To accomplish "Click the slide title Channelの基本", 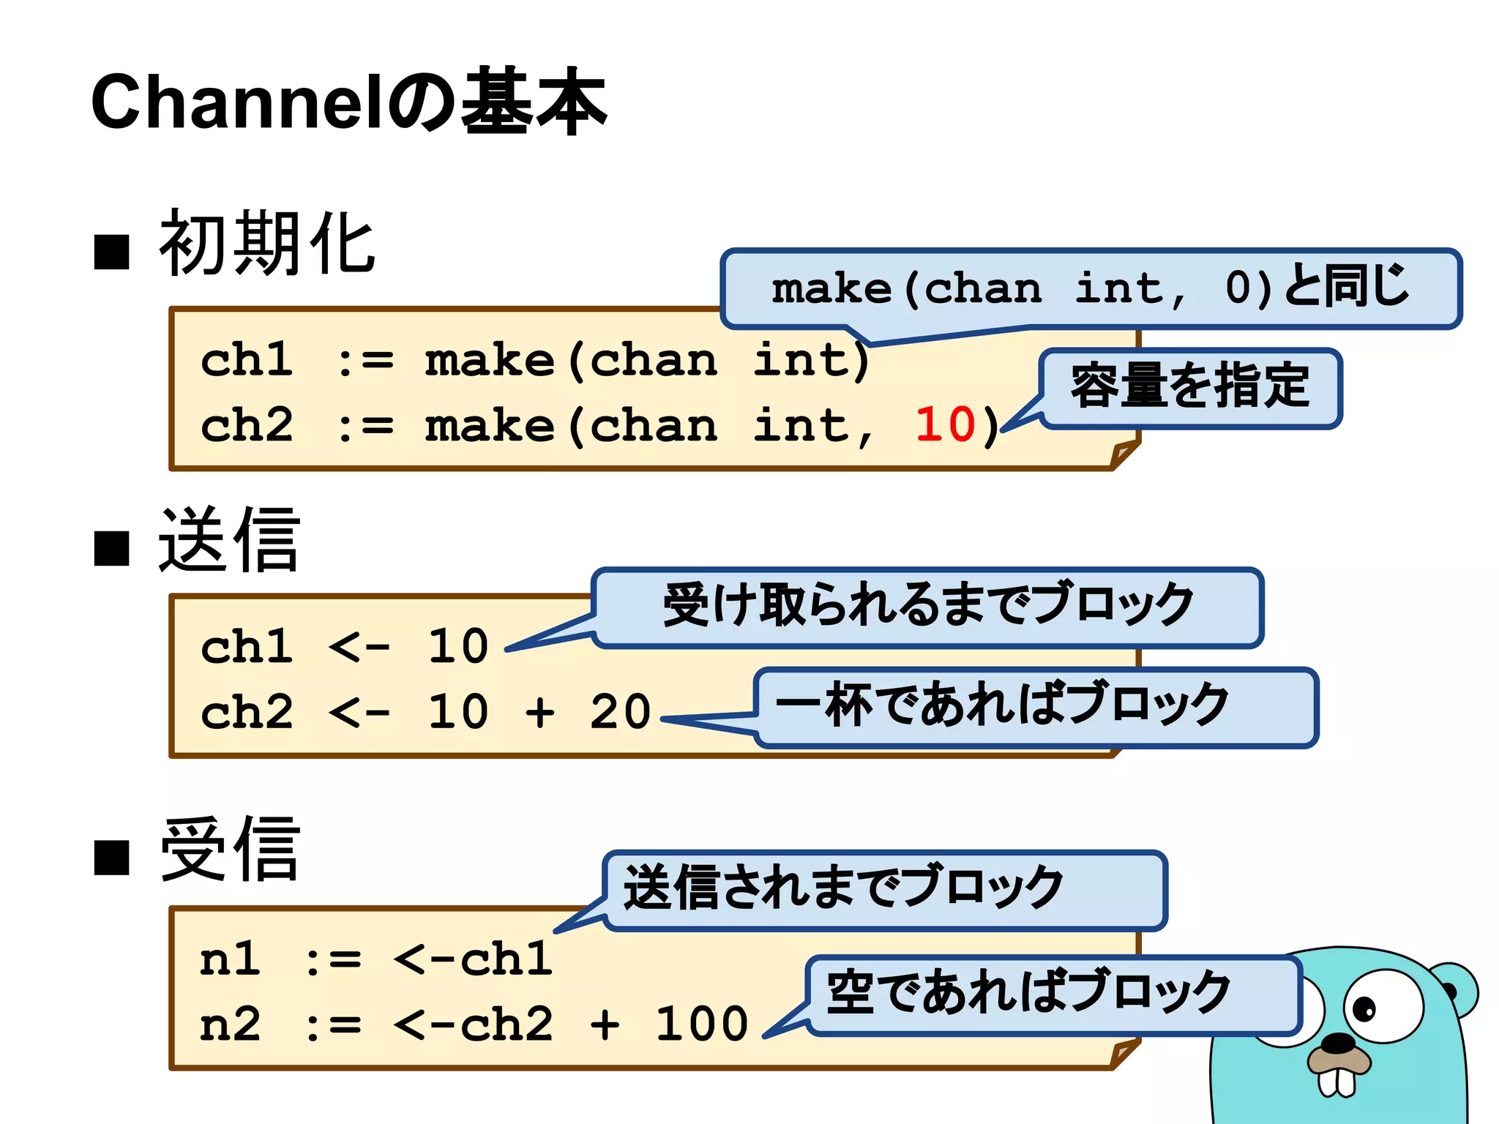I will click(348, 102).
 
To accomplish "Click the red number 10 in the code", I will click(945, 424).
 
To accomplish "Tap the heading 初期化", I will click(267, 244).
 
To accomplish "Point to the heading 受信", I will click(229, 850).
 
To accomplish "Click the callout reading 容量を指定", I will click(1190, 386).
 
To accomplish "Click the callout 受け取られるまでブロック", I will click(927, 606).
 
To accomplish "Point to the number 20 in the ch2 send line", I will click(620, 711).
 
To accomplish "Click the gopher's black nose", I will click(1341, 1042).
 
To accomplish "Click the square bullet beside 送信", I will click(112, 548).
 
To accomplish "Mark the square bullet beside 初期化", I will click(112, 252).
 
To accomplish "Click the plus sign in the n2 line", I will click(605, 1024).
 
